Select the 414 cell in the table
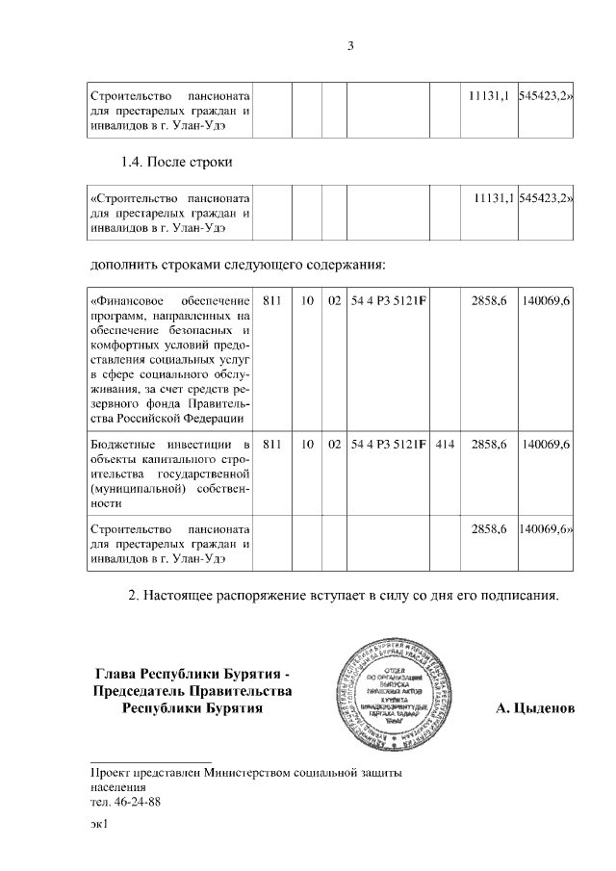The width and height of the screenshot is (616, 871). (x=444, y=445)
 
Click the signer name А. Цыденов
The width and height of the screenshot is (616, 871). (x=534, y=708)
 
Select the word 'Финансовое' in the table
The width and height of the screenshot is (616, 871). (x=131, y=301)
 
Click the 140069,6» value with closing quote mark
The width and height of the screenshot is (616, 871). (x=546, y=530)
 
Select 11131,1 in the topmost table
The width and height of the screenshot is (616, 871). (x=488, y=97)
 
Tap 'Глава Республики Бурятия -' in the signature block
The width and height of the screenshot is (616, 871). (x=192, y=673)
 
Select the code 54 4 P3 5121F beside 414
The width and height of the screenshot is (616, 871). (x=389, y=445)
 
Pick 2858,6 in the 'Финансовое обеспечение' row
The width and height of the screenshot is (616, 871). (x=489, y=301)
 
